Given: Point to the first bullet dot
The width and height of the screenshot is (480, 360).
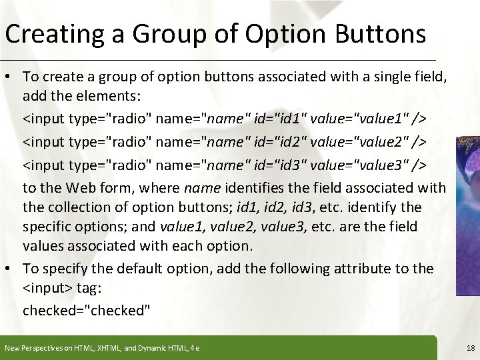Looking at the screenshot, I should point(11,79).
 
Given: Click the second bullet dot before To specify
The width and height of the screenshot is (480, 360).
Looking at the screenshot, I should point(11,269).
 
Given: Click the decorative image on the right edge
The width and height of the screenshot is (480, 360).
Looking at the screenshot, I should point(467,213).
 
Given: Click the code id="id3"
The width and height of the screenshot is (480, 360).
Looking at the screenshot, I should point(281,165).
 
